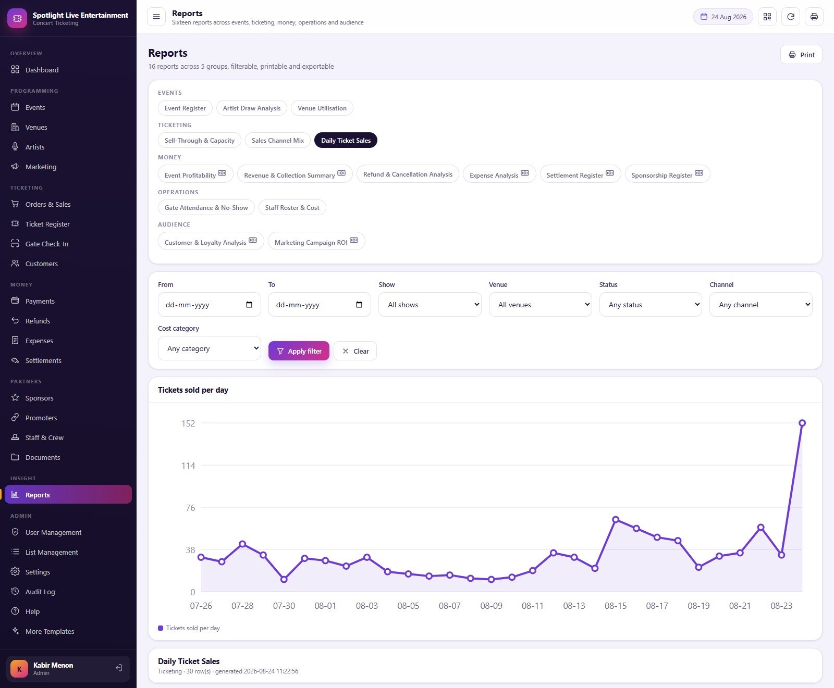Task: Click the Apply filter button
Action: [x=299, y=351]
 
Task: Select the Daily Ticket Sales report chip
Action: [x=346, y=141]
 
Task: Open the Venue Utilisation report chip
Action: [x=322, y=108]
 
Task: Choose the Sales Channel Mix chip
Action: [x=278, y=141]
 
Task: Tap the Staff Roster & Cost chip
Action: [x=292, y=208]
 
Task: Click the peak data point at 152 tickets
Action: [x=802, y=423]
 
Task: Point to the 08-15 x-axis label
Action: [x=616, y=606]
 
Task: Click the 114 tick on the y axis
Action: [x=188, y=466]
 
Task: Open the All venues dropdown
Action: [x=541, y=305]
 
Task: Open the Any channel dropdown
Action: [x=761, y=305]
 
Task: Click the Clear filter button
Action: [x=355, y=351]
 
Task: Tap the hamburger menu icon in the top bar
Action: [x=156, y=17]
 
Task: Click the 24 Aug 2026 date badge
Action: [x=723, y=17]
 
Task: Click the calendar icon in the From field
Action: [x=249, y=305]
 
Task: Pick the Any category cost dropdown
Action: [x=210, y=348]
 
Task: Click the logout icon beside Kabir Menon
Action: [x=119, y=668]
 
